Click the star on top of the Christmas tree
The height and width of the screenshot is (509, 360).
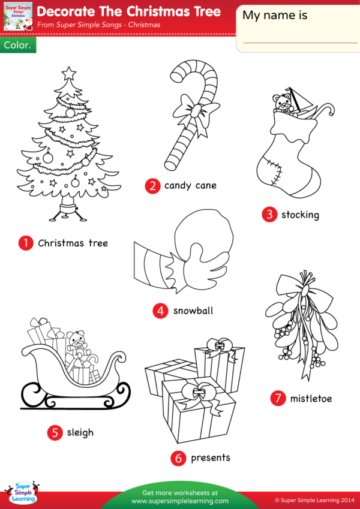pyautogui.click(x=68, y=74)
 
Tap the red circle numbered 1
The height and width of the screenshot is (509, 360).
pyautogui.click(x=26, y=243)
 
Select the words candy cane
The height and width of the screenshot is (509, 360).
pyautogui.click(x=190, y=185)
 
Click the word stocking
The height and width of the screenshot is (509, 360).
pyautogui.click(x=300, y=215)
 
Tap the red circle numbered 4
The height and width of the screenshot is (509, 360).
pyautogui.click(x=160, y=311)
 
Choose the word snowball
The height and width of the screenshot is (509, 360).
pyautogui.click(x=193, y=311)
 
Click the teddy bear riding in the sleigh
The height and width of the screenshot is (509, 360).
pyautogui.click(x=76, y=342)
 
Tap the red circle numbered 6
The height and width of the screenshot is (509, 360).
pyautogui.click(x=178, y=458)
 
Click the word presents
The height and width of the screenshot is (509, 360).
pyautogui.click(x=211, y=458)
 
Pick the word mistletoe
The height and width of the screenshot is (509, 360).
pyautogui.click(x=311, y=398)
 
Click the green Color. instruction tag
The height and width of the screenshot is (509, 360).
pyautogui.click(x=18, y=45)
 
